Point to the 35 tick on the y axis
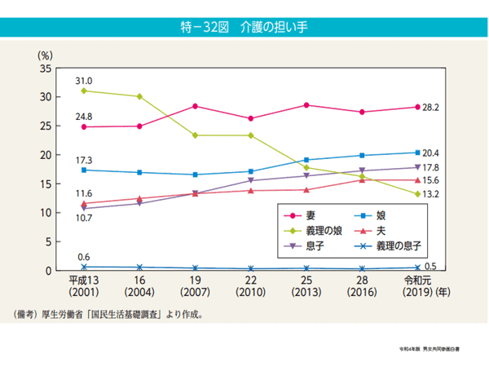tap(46, 69)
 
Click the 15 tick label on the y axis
tap(46, 184)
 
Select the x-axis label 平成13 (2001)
tap(83, 285)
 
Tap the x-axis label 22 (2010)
tap(250, 285)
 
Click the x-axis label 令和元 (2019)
tap(417, 285)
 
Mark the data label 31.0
tap(84, 81)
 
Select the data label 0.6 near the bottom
tap(84, 258)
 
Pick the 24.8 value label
tap(84, 117)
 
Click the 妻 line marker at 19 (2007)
tap(195, 106)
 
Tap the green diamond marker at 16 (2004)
tap(139, 96)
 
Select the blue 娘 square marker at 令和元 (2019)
tap(417, 153)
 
